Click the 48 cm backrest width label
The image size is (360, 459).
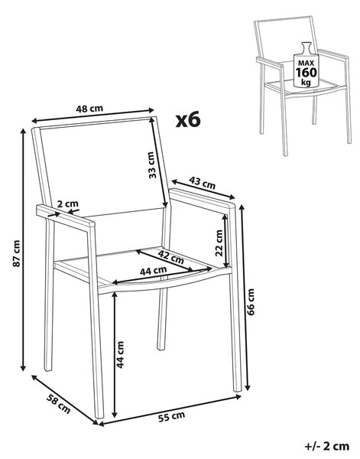click(x=89, y=109)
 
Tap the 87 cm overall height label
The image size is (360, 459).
click(x=17, y=253)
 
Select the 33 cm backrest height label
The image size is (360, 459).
click(x=152, y=164)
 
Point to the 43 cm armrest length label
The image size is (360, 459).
click(x=203, y=183)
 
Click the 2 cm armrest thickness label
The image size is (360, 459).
click(x=67, y=203)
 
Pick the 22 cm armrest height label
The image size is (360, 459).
click(x=219, y=243)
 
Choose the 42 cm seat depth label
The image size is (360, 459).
click(x=171, y=256)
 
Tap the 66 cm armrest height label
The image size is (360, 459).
click(x=251, y=301)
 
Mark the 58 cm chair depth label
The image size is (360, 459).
click(x=59, y=404)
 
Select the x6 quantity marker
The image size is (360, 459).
click(x=188, y=120)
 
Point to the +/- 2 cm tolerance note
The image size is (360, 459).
click(x=327, y=446)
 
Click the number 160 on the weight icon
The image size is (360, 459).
click(x=306, y=73)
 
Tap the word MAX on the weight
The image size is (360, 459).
click(x=306, y=63)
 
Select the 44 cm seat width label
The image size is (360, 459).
click(x=153, y=271)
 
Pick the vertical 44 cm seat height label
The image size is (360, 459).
click(x=120, y=354)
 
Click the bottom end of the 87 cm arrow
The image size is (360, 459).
click(x=23, y=370)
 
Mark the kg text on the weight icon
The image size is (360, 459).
click(x=306, y=83)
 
